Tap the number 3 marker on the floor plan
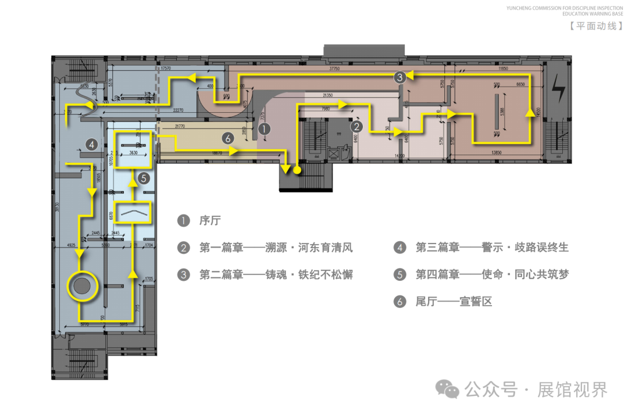click(x=398, y=77)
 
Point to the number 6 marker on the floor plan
click(x=229, y=138)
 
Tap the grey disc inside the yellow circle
click(x=81, y=285)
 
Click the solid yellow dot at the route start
click(x=297, y=170)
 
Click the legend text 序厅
click(x=210, y=221)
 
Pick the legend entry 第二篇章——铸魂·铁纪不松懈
click(x=276, y=274)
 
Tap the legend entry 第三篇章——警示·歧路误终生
click(x=492, y=248)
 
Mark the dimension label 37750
click(x=333, y=69)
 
